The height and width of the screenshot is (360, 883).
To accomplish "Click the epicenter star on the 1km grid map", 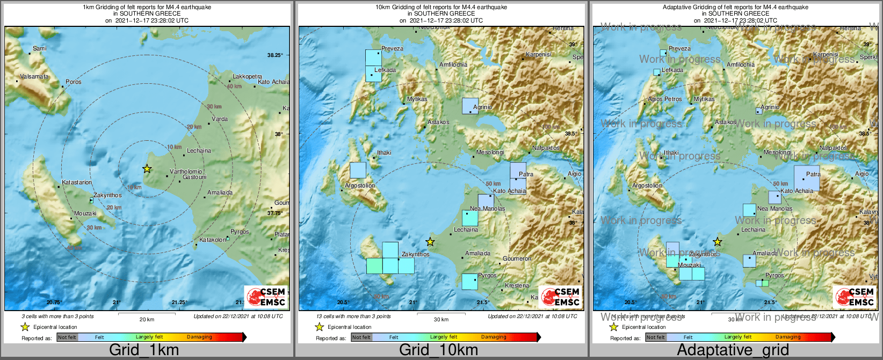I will [147, 169].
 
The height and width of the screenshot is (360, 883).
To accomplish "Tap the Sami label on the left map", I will [39, 48].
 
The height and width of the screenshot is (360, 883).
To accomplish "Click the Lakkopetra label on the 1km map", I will [247, 76].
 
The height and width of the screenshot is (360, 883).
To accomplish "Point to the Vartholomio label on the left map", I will [186, 171].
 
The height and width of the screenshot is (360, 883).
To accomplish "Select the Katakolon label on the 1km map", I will [213, 240].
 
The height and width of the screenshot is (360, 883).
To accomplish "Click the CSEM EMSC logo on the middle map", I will [561, 297].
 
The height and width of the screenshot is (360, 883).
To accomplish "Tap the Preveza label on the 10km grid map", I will [392, 48].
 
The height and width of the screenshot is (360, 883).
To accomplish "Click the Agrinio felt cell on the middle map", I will [470, 105].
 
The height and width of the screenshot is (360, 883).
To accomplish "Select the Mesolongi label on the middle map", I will [490, 152].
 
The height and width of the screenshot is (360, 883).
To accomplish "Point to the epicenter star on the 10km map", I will [430, 242].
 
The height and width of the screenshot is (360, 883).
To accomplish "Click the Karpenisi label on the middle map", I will [539, 54].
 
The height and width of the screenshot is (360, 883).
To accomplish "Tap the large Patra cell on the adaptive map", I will [807, 178].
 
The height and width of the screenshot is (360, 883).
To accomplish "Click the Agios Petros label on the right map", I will [664, 99].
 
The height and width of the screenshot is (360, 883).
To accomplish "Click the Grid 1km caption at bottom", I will [144, 350].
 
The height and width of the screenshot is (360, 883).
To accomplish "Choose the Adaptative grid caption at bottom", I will [733, 350].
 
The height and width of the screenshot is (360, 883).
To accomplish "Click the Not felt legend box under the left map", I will [67, 337].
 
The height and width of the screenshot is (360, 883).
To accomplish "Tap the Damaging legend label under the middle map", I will [494, 337].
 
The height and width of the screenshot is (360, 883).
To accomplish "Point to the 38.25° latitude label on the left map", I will [274, 55].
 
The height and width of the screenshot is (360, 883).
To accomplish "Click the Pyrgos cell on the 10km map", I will [469, 282].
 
